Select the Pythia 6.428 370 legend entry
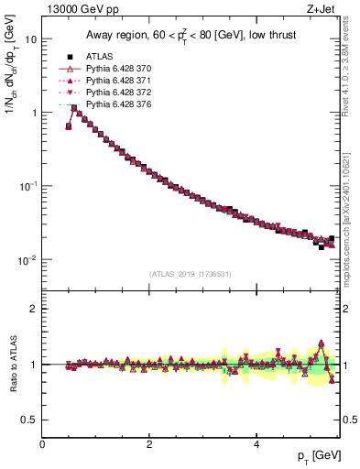[x=116, y=69]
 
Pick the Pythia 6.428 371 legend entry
[x=116, y=81]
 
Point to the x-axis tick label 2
[x=148, y=443]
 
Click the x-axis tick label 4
[x=256, y=443]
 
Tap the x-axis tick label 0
[x=42, y=443]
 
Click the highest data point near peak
[x=74, y=108]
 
